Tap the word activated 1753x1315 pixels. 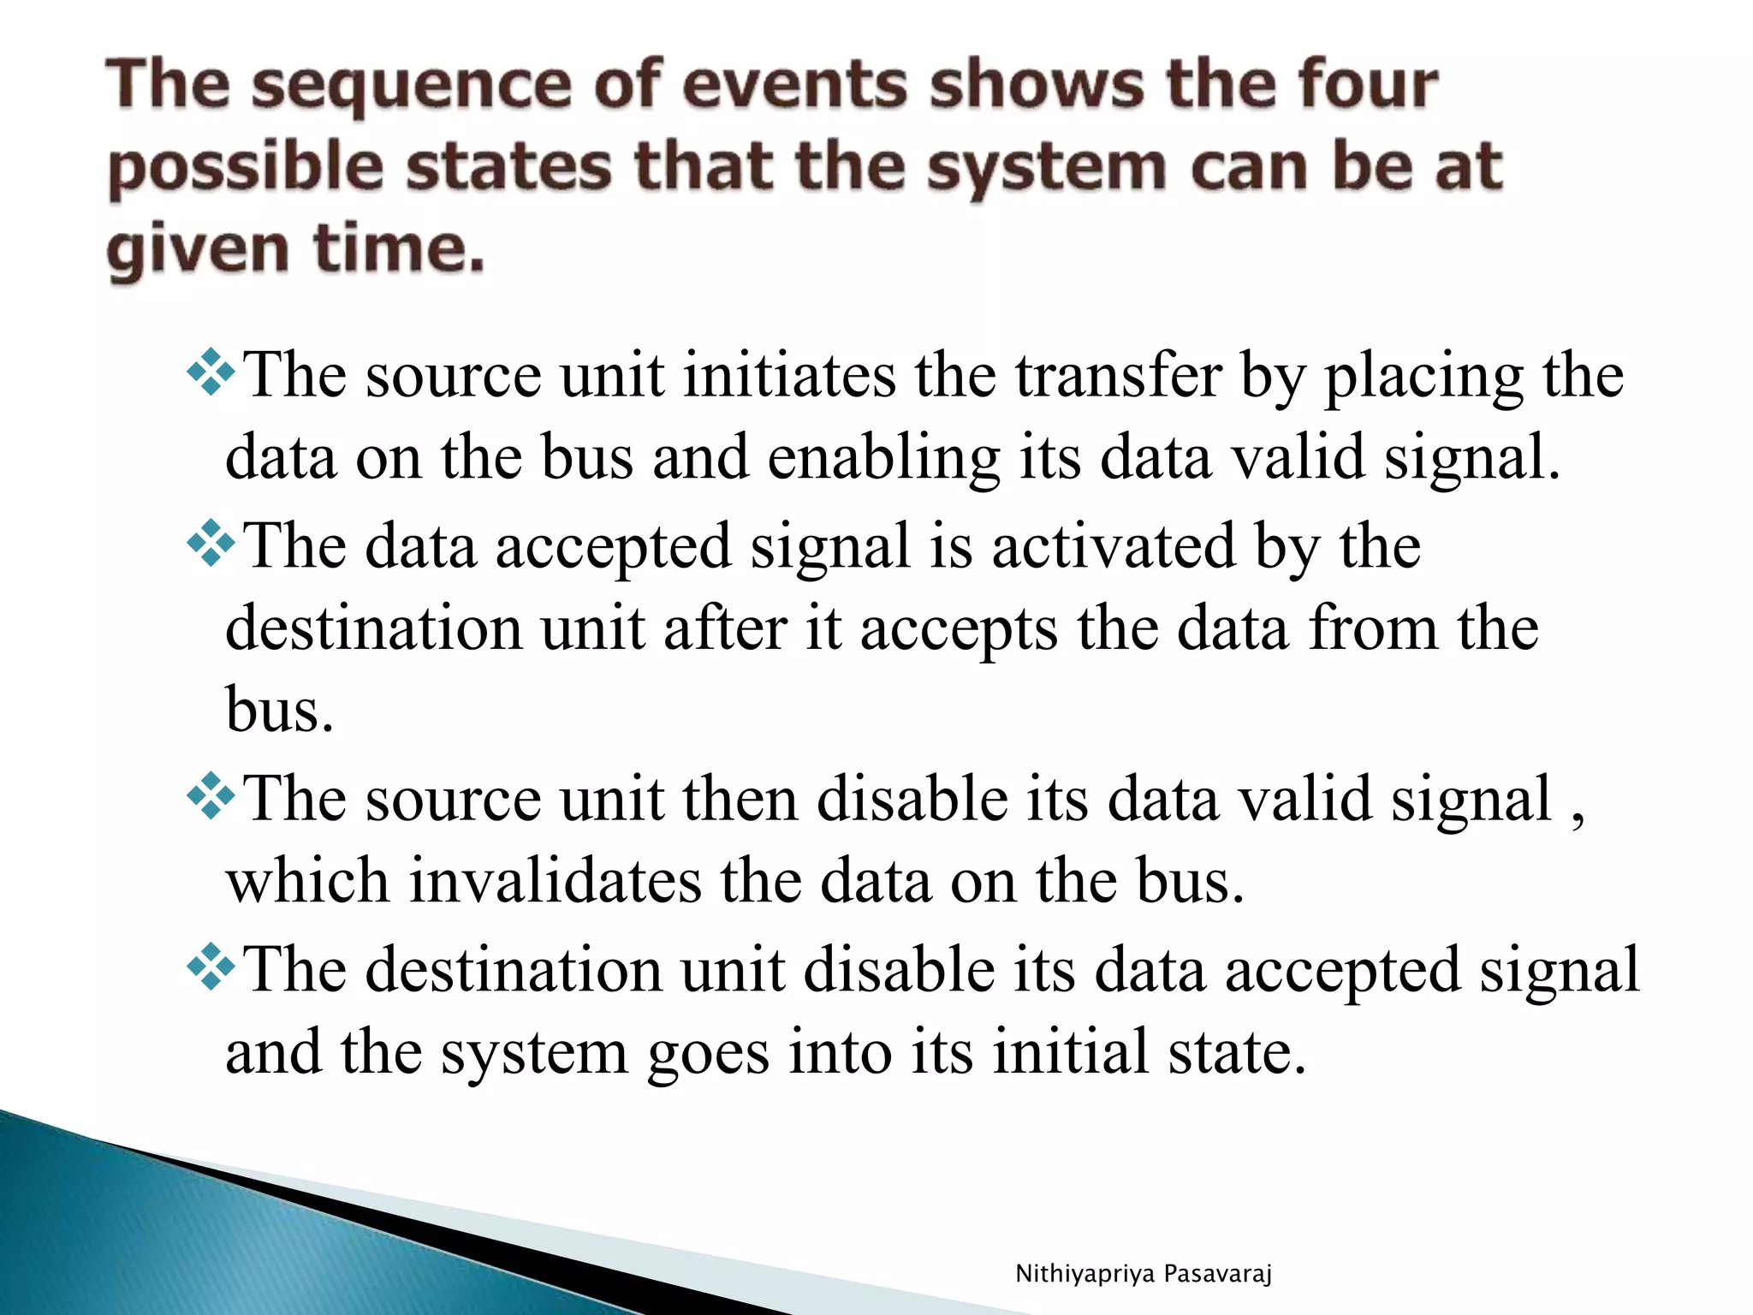[x=1114, y=546]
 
